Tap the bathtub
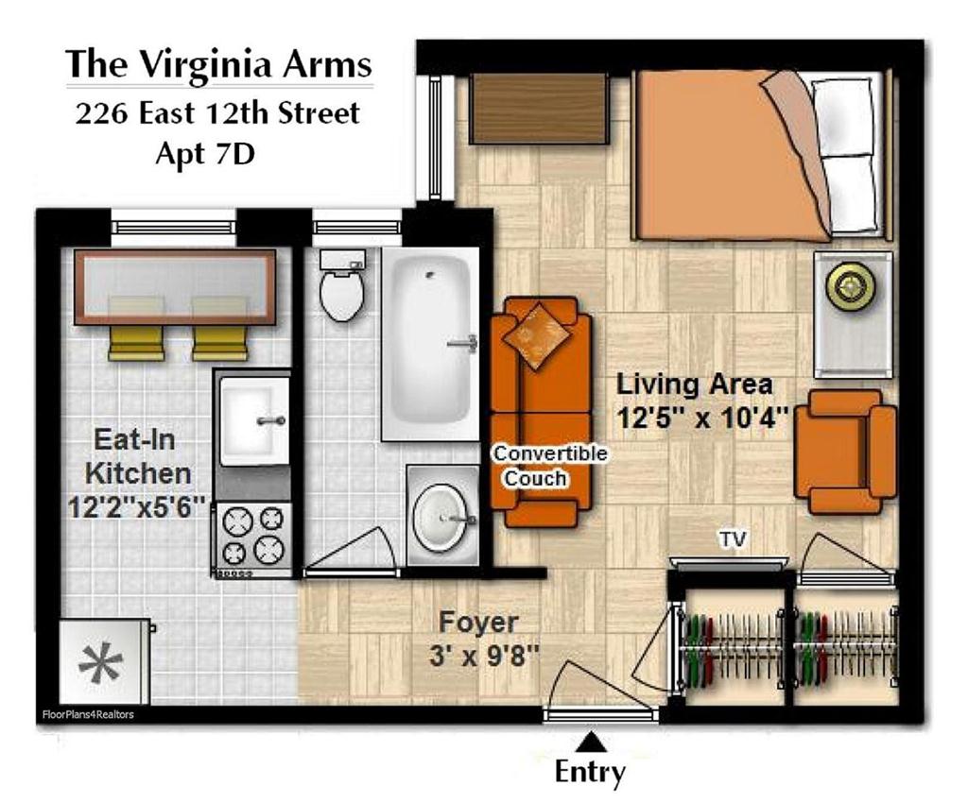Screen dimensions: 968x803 430,344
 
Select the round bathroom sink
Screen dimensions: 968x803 442,516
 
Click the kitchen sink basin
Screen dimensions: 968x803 254,420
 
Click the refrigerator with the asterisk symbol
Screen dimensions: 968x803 104,661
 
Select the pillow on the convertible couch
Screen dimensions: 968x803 536,335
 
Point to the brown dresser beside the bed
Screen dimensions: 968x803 538,110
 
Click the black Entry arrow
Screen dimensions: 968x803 592,742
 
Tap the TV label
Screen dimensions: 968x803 733,539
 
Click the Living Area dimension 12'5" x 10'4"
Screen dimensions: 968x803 703,419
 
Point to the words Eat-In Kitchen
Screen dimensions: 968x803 136,457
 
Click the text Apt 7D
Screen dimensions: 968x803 205,153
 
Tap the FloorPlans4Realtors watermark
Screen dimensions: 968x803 88,715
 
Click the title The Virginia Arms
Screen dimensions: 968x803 218,64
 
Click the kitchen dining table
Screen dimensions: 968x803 175,287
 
